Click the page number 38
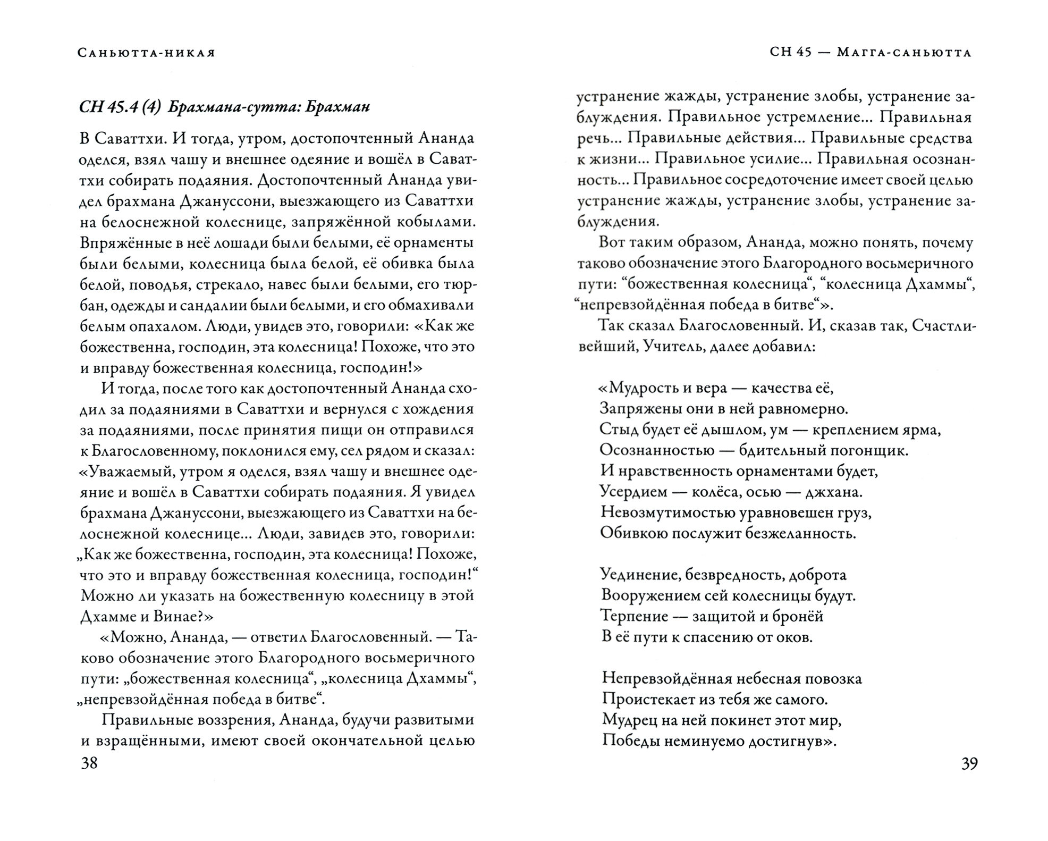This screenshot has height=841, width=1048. point(89,764)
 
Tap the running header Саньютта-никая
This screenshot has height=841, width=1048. point(146,53)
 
